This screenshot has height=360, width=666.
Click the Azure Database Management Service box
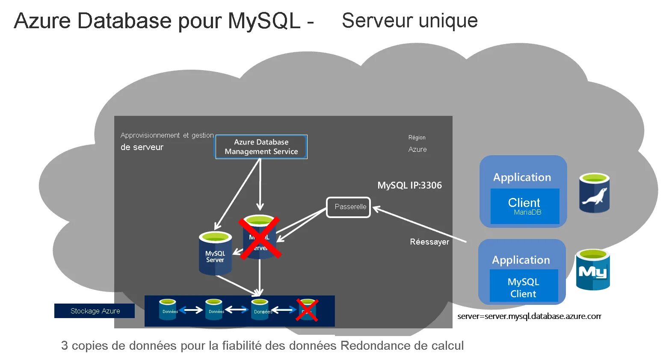coord(261,147)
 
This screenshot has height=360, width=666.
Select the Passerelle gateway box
coord(348,207)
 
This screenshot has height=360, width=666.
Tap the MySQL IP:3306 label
coord(409,185)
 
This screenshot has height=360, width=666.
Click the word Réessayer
coord(429,242)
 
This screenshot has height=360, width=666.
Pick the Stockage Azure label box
coord(95,311)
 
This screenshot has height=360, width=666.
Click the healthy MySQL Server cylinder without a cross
coord(215,254)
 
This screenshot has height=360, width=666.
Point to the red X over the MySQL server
coord(260,238)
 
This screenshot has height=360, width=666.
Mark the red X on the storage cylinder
coord(308,310)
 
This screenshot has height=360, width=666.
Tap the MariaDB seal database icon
coord(594,193)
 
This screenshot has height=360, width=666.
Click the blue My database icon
coord(592,270)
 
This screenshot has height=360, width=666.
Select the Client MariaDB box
coord(524,206)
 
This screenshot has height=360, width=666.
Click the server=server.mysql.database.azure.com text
coord(529,316)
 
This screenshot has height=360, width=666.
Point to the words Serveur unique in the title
coord(409,21)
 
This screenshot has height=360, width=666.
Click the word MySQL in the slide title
coord(264,21)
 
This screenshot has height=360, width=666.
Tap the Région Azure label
coord(417,144)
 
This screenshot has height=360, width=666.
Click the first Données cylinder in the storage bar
coord(168,309)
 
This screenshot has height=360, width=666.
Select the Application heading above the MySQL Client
coord(521,260)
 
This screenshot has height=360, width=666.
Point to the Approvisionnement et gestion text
coord(167,135)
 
